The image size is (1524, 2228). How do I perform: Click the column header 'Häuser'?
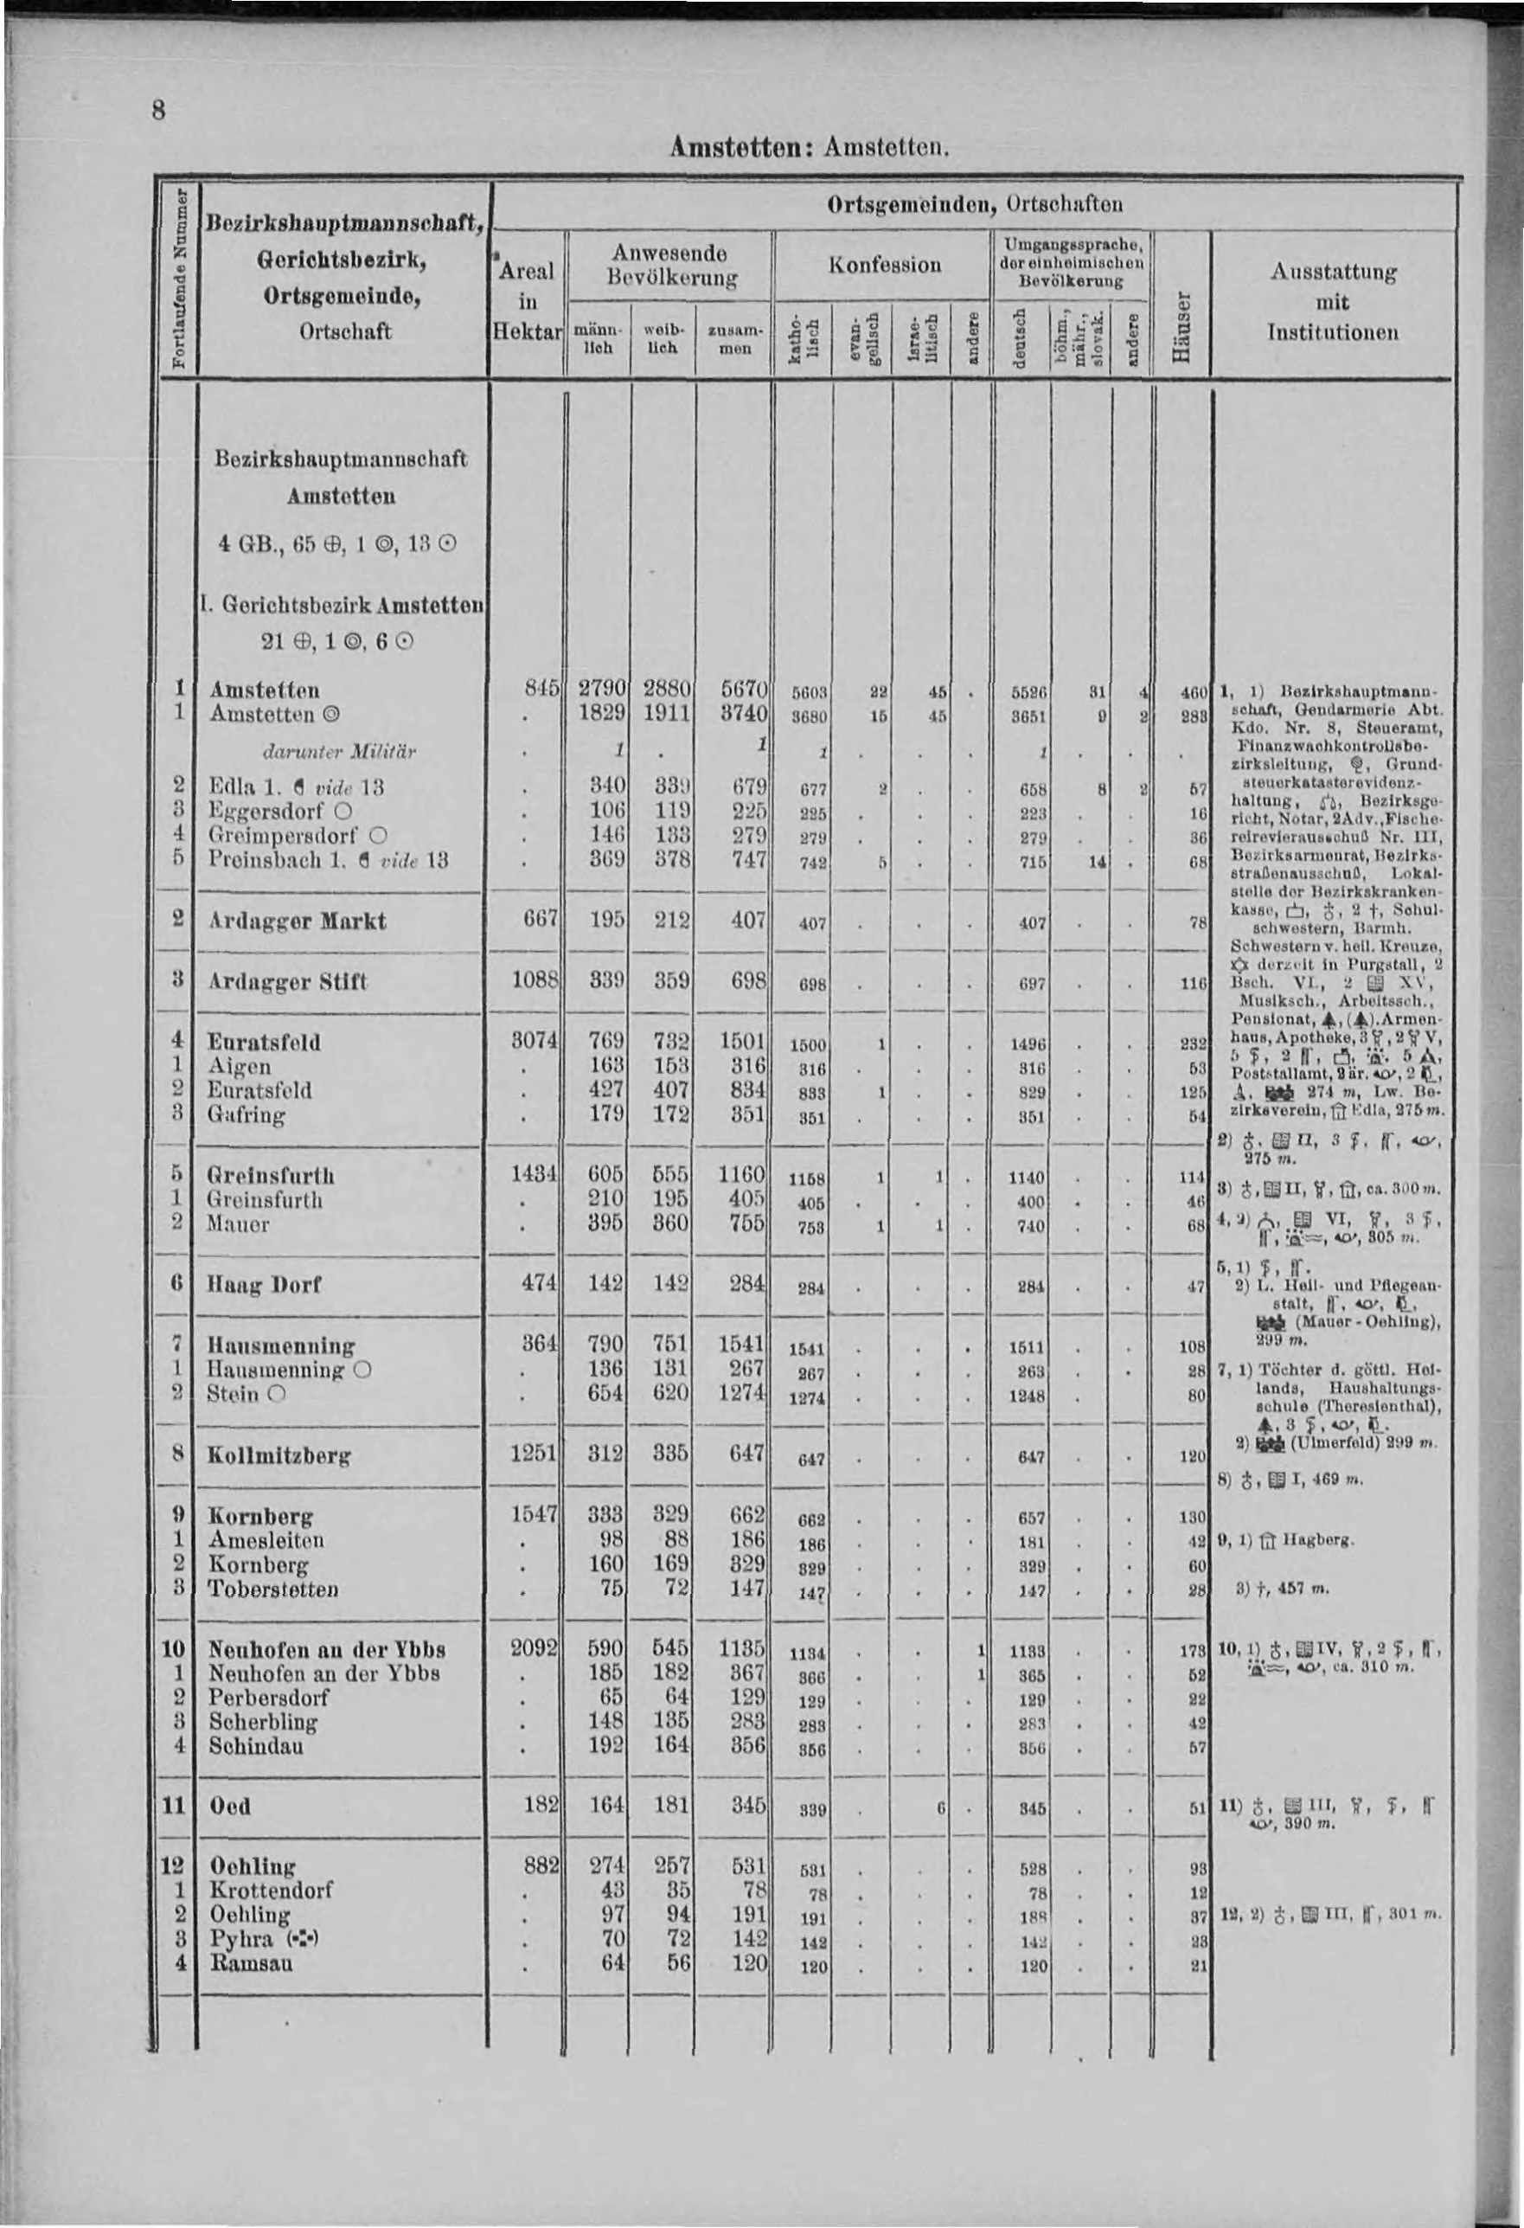1182,328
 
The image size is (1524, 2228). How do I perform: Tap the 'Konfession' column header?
885,265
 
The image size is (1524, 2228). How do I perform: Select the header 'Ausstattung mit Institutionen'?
1332,302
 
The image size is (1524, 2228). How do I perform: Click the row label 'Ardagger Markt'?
298,921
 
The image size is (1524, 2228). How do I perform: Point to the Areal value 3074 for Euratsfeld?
535,1041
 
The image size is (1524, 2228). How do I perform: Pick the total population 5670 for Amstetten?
746,690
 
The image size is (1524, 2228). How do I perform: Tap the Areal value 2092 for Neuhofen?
535,1649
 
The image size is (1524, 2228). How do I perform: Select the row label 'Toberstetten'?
273,1589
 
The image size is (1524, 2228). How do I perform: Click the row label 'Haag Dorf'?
264,1285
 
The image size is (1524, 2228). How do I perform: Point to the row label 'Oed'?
230,1806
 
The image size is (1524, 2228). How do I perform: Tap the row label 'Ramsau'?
251,1962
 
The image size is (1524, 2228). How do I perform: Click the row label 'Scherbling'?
264,1722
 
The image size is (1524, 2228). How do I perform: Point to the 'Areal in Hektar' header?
526,301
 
